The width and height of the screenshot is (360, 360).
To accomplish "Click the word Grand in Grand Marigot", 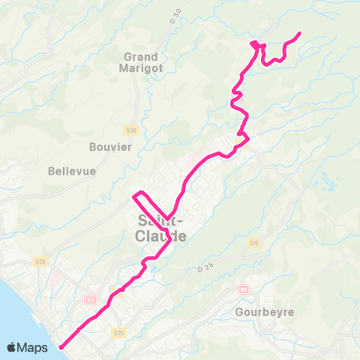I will coord(141,57).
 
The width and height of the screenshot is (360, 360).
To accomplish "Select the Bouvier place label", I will coord(110,146).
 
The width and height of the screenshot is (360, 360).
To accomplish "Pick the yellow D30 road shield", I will coord(132,130).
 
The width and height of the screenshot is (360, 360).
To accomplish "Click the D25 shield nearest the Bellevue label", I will coord(40,262).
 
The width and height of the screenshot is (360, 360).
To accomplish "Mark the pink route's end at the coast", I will coord(61,346).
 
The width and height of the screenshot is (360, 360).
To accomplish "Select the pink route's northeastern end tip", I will coord(299,34).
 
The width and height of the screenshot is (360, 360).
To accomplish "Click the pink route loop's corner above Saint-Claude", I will coord(135,196).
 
